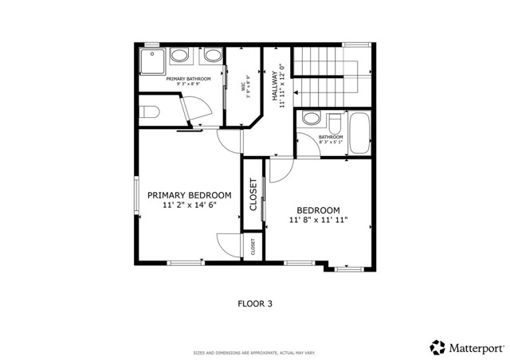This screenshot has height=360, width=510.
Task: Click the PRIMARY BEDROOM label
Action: click(189, 195)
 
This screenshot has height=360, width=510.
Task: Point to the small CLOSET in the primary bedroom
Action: click(253, 247)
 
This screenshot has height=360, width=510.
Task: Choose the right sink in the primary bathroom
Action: click(211, 57)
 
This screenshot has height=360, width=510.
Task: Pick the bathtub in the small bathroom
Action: click(359, 133)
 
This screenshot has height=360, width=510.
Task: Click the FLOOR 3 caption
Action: click(255, 303)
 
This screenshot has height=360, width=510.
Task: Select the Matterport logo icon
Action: click(438, 347)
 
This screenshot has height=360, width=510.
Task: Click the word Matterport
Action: click(476, 347)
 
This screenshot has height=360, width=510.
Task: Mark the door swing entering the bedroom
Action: click(280, 167)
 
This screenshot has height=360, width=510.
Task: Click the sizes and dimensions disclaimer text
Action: click(254, 352)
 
